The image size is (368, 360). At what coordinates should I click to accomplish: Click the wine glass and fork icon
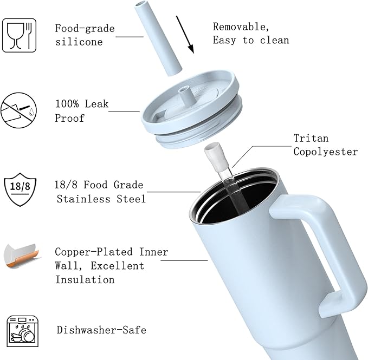click(20, 35)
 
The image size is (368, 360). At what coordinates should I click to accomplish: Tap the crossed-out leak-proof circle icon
click(18, 110)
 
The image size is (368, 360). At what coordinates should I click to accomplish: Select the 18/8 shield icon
click(20, 189)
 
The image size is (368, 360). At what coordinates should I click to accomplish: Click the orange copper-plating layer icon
click(22, 256)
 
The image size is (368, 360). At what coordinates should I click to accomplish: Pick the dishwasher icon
click(23, 331)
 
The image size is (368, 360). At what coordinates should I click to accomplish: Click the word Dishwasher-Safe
click(101, 330)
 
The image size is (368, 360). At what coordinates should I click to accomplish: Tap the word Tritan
click(311, 138)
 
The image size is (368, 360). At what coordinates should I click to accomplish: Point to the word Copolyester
click(326, 152)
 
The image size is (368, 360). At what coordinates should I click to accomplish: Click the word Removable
click(241, 27)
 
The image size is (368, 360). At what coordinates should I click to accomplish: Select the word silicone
click(79, 42)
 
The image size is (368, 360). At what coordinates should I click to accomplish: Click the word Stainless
click(83, 199)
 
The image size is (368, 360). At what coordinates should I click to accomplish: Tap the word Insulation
click(85, 280)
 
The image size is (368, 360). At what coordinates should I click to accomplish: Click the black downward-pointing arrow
click(185, 35)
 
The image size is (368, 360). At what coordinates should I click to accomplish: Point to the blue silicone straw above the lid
click(158, 38)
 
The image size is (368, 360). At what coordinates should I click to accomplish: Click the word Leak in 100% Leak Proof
click(96, 104)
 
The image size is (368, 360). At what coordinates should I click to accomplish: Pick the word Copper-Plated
click(94, 252)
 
